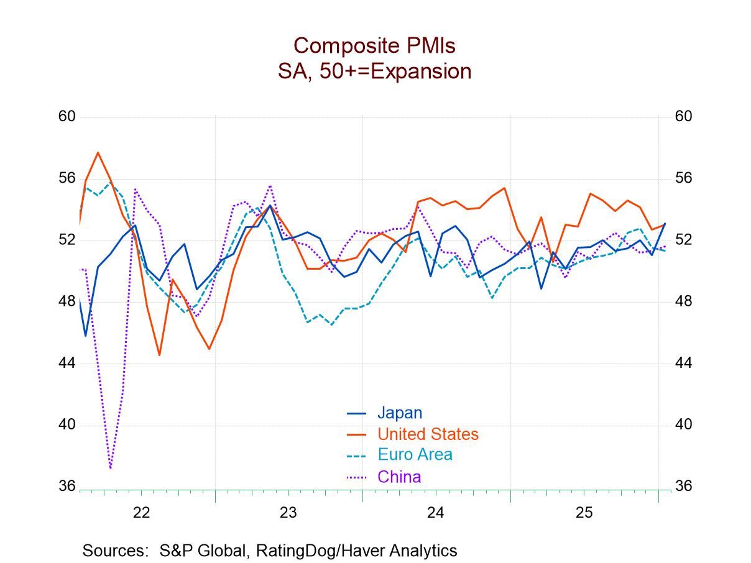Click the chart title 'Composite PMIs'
(374, 45)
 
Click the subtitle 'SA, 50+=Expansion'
(374, 71)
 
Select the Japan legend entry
(399, 413)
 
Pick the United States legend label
(428, 434)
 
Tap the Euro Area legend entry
(415, 454)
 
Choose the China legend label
(399, 477)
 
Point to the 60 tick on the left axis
(67, 117)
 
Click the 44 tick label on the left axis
(67, 363)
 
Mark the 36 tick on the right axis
(683, 486)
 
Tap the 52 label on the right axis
(683, 240)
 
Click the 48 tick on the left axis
(67, 301)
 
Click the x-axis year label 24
(436, 513)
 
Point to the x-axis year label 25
(584, 513)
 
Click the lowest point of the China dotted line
(110, 467)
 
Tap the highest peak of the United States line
(98, 152)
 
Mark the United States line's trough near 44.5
(159, 355)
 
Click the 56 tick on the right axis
(683, 178)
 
